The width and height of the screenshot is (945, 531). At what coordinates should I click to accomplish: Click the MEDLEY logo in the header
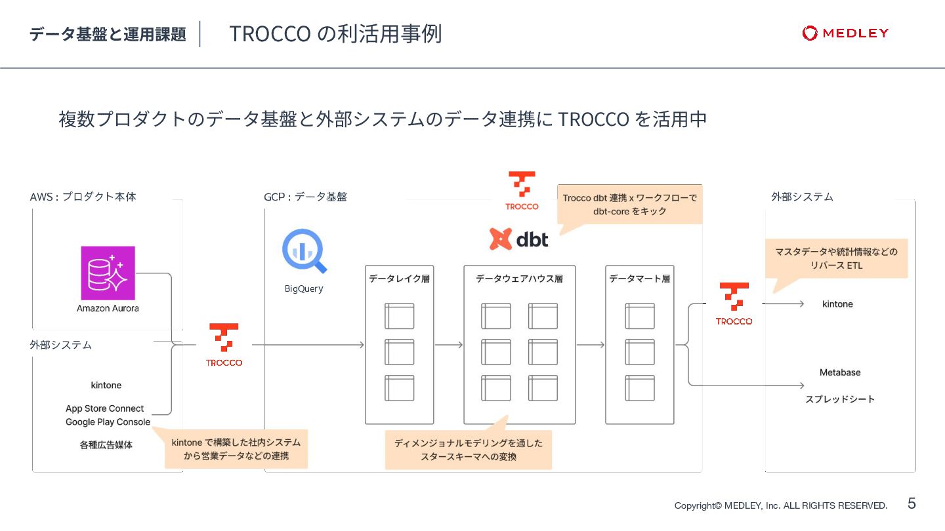[x=845, y=33]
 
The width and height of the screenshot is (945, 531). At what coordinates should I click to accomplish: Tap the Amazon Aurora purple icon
[x=108, y=273]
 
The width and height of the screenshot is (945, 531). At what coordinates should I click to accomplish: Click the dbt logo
[x=518, y=239]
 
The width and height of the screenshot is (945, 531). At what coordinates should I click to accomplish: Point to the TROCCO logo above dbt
[x=522, y=191]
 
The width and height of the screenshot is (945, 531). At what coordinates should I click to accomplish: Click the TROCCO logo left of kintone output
[x=734, y=304]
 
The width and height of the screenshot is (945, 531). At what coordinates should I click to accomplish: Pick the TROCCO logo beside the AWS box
[x=224, y=344]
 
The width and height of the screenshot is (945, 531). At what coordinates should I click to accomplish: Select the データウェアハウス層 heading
[x=519, y=279]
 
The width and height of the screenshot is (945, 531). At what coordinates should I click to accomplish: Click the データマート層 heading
[x=639, y=279]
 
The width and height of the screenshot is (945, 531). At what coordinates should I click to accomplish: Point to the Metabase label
[x=840, y=372]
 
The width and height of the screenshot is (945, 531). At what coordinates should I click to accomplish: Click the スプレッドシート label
[x=840, y=399]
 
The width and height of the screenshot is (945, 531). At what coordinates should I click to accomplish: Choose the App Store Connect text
[x=104, y=408]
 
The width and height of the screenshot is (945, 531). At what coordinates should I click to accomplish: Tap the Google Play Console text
[x=108, y=422]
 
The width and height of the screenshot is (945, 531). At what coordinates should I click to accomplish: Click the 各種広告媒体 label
[x=106, y=444]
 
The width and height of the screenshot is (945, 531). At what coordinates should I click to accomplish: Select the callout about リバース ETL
[x=836, y=258]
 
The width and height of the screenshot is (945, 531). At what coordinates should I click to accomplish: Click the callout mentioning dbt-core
[x=629, y=205]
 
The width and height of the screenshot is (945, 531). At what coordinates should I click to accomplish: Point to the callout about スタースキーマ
[x=468, y=450]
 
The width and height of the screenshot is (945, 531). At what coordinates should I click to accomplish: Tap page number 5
[x=912, y=503]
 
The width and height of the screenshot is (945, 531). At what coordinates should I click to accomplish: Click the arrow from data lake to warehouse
[x=448, y=345]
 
